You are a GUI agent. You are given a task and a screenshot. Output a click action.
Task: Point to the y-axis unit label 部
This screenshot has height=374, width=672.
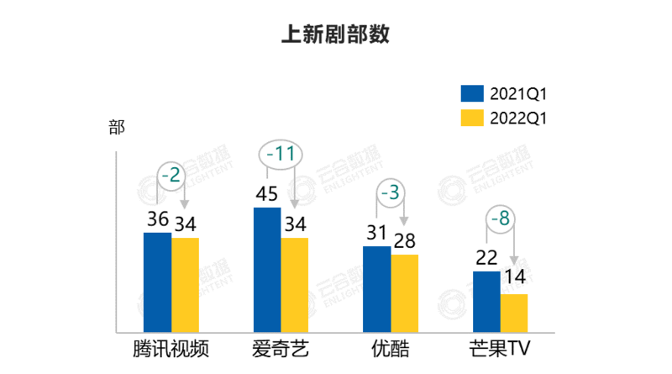(x=116, y=128)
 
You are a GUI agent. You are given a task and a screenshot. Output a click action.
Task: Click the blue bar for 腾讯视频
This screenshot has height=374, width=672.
(x=158, y=282)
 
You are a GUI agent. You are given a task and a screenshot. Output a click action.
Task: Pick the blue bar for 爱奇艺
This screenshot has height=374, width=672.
(x=267, y=269)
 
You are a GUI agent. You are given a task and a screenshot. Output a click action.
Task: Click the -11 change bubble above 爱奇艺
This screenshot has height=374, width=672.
(x=280, y=155)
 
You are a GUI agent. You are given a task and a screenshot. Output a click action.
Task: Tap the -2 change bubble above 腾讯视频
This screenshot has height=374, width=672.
(x=171, y=176)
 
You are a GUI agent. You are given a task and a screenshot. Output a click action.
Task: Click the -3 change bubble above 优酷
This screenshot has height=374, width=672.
(x=390, y=192)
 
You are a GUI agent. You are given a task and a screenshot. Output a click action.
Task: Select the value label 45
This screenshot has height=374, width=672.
(x=267, y=194)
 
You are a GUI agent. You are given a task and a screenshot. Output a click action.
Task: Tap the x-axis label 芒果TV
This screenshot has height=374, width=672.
(x=501, y=349)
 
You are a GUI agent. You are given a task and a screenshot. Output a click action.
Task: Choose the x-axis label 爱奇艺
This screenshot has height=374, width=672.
(x=281, y=349)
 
